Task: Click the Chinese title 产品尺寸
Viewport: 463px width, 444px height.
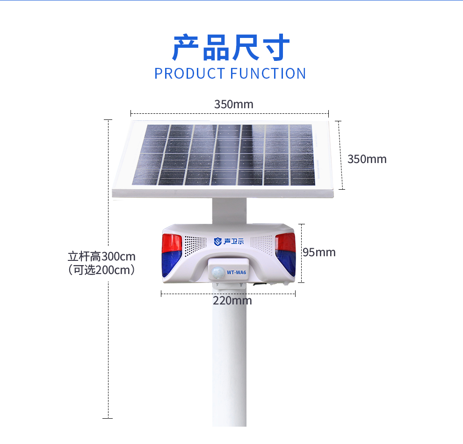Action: [231, 47]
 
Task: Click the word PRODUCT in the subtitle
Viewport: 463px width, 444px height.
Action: [189, 74]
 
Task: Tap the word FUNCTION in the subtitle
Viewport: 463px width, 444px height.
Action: [268, 74]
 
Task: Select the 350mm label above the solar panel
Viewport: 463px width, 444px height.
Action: [233, 104]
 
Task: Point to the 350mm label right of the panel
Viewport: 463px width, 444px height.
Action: [367, 159]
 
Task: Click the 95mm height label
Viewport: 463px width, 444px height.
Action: [319, 252]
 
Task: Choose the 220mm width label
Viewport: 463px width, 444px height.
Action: [232, 301]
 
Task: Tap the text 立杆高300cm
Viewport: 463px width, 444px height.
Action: [101, 257]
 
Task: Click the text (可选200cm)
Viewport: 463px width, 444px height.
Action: [101, 270]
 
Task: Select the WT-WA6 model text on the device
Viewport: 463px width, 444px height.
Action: [236, 273]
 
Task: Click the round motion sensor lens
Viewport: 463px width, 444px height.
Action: [218, 272]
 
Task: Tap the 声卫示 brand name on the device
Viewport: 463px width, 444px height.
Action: [233, 241]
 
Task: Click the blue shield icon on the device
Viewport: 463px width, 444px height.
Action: [217, 242]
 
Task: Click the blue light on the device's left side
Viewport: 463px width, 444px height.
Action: [170, 264]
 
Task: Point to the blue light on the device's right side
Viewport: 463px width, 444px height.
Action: [286, 262]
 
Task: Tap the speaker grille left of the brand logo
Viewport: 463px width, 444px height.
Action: [195, 245]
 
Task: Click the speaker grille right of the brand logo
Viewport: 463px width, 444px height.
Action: [261, 244]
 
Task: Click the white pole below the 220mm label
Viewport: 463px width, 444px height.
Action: [230, 364]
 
